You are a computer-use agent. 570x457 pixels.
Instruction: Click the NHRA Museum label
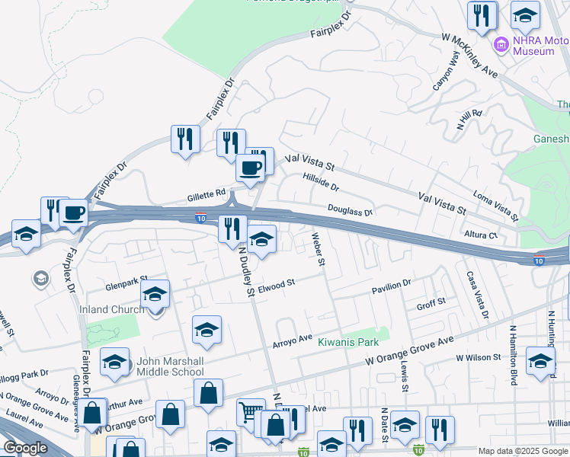(x=533, y=46)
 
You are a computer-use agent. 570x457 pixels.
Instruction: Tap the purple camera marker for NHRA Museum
(x=501, y=45)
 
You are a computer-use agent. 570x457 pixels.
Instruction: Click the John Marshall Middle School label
(x=170, y=366)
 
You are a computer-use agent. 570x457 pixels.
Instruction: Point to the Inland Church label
(x=111, y=309)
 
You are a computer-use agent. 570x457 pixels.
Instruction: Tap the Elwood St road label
(x=277, y=283)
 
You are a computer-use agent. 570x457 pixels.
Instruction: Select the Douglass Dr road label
(x=350, y=209)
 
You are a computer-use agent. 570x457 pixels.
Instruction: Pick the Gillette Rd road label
(x=207, y=195)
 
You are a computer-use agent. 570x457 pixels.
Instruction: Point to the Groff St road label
(x=431, y=304)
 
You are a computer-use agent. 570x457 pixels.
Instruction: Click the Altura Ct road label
(x=482, y=235)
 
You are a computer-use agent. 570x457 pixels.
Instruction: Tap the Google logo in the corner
(x=25, y=448)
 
